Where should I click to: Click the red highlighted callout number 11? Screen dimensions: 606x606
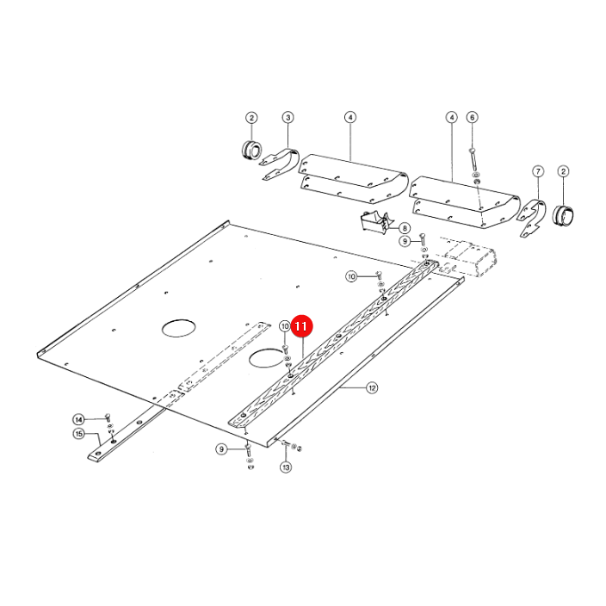tap(301, 326)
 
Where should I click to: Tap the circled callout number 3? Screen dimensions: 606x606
tap(288, 117)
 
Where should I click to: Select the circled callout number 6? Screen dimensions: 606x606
tap(472, 117)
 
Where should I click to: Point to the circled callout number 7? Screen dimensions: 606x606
tap(538, 171)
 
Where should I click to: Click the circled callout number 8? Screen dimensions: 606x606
tap(405, 228)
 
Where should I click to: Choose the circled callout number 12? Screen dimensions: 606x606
tap(372, 387)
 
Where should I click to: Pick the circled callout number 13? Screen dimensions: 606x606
tap(286, 467)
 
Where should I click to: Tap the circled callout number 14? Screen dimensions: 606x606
tap(79, 420)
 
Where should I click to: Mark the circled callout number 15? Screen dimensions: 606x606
tap(79, 434)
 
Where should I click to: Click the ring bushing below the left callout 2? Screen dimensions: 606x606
tap(251, 150)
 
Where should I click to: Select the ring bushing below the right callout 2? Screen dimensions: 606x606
tap(563, 215)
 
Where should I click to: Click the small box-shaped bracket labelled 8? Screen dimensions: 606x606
tap(375, 222)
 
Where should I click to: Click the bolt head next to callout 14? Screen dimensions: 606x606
tap(108, 417)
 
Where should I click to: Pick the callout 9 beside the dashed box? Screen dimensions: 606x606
tap(405, 241)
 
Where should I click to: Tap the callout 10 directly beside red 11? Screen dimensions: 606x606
tap(285, 326)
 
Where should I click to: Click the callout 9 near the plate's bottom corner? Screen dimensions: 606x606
tap(221, 449)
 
